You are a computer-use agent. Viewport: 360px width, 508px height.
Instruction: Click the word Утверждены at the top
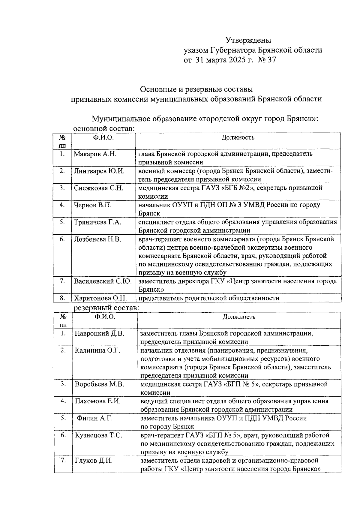(x=248, y=40)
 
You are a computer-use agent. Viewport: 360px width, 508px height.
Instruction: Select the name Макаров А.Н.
(x=95, y=154)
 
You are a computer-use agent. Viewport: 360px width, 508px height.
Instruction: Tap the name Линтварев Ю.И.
(x=99, y=171)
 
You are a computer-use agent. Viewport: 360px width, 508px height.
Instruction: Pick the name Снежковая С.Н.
(x=99, y=188)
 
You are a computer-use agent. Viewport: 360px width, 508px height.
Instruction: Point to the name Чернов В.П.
(x=93, y=205)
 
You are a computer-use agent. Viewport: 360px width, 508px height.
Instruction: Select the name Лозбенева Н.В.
(x=97, y=239)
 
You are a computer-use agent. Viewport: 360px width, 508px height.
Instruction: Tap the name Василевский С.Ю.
(x=103, y=281)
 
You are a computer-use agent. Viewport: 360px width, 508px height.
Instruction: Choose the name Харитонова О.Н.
(x=100, y=298)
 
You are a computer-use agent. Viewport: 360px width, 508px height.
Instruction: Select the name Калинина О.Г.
(x=97, y=350)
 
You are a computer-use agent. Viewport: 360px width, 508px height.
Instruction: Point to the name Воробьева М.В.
(x=99, y=384)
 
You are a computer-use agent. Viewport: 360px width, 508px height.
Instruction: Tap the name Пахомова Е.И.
(x=98, y=401)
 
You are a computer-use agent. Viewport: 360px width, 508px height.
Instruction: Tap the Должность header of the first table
(x=238, y=138)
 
